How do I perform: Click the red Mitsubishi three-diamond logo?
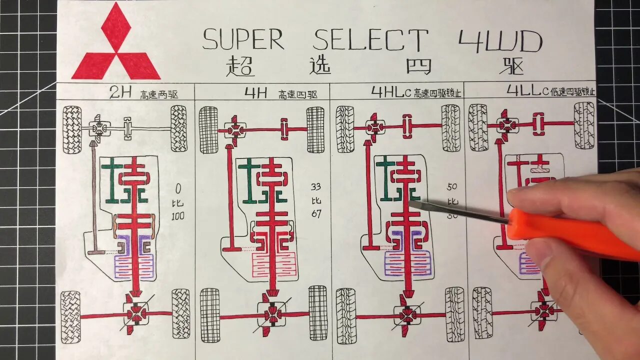coord(116,45)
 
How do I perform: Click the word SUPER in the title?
coord(243,40)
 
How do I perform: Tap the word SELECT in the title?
coord(370,40)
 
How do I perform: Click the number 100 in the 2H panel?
coord(177,216)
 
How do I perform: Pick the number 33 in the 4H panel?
coord(315,187)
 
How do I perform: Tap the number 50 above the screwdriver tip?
coord(451,187)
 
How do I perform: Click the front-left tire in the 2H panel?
coord(72,129)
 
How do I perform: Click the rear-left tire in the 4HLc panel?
coord(346,315)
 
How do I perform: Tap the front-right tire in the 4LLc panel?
coord(584,125)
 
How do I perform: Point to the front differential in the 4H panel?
coord(234,129)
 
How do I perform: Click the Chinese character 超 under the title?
coord(239,65)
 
